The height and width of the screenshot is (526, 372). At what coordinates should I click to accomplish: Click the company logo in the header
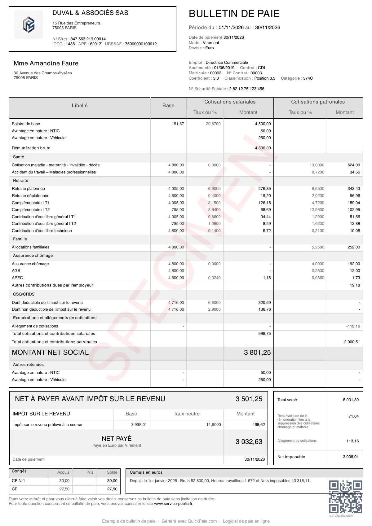pyautogui.click(x=29, y=25)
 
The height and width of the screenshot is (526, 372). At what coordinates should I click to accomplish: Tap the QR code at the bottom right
pyautogui.click(x=345, y=497)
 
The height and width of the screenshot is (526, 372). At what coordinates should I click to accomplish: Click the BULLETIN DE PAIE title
pyautogui.click(x=234, y=14)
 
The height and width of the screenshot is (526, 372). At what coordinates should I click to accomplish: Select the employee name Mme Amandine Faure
pyautogui.click(x=46, y=64)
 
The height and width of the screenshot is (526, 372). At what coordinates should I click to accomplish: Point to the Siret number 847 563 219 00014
pyautogui.click(x=88, y=39)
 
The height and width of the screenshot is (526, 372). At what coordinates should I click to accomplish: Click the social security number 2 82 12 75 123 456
pyautogui.click(x=247, y=89)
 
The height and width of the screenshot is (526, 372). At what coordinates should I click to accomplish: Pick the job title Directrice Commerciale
pyautogui.click(x=227, y=63)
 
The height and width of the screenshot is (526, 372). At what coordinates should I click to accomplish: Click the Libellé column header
pyautogui.click(x=80, y=106)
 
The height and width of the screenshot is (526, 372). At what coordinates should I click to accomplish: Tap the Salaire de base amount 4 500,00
pyautogui.click(x=263, y=124)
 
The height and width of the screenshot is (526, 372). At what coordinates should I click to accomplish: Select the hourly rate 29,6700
pyautogui.click(x=213, y=124)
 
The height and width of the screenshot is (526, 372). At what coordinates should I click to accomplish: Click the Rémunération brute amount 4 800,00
pyautogui.click(x=263, y=148)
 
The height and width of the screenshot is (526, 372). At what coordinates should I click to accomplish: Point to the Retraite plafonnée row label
pyautogui.click(x=29, y=189)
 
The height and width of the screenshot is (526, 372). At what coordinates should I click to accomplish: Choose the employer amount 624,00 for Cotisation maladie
pyautogui.click(x=354, y=165)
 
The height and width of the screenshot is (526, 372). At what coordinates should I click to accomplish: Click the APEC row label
pyautogui.click(x=17, y=278)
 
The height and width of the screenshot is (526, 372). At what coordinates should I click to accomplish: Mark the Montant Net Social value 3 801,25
pyautogui.click(x=257, y=353)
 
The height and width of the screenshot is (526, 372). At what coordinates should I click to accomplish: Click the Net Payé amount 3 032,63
pyautogui.click(x=249, y=442)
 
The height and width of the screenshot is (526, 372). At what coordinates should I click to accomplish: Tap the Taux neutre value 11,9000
pyautogui.click(x=214, y=425)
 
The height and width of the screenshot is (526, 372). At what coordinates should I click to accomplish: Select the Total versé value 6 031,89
pyautogui.click(x=351, y=400)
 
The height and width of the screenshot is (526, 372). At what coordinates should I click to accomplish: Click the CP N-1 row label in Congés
pyautogui.click(x=19, y=481)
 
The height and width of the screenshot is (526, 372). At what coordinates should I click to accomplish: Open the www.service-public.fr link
pyautogui.click(x=173, y=504)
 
